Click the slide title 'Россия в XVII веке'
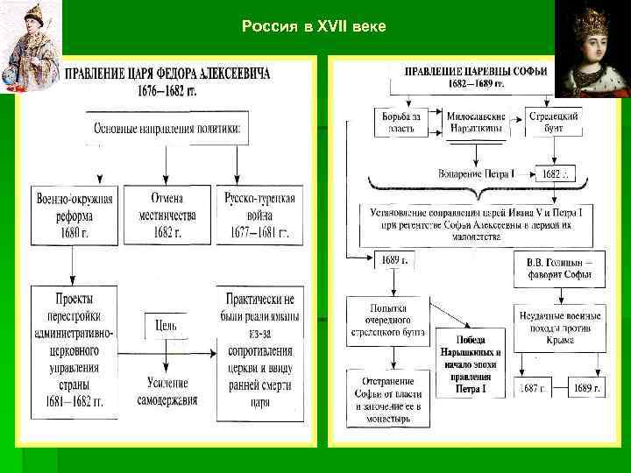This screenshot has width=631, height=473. pos(313,27)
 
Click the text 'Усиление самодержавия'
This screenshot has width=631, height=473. pos(167,392)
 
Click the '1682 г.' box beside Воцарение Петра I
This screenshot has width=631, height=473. pos(556,173)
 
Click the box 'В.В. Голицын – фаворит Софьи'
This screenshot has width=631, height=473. pos(558,267)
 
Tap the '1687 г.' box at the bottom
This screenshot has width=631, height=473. pos(530,387)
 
